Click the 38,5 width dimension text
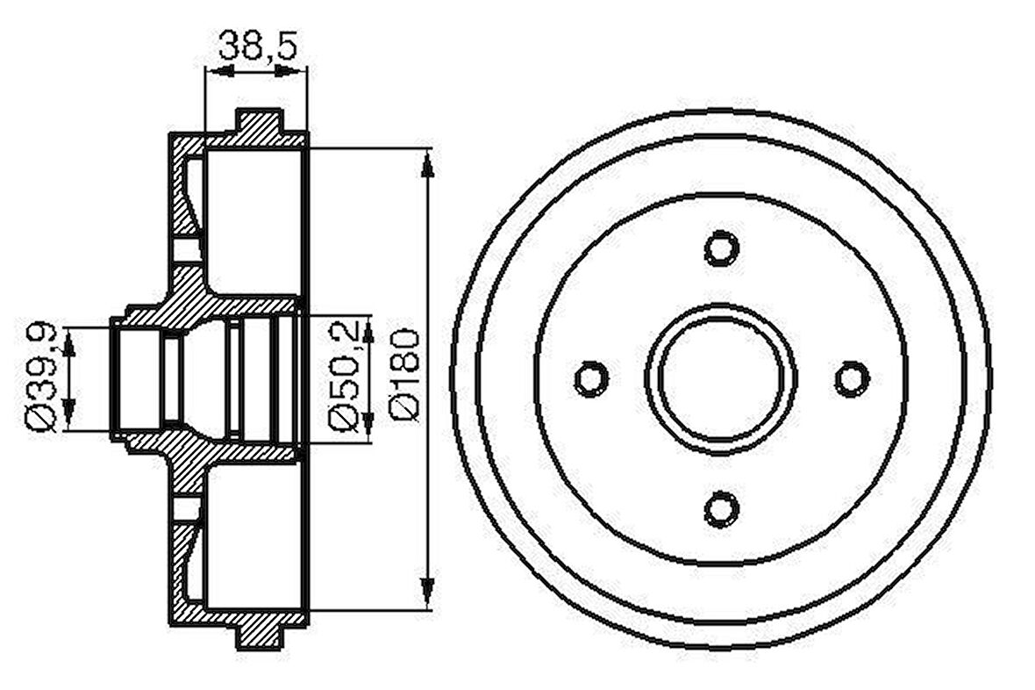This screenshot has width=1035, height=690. point(257,44)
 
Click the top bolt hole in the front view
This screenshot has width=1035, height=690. point(722,248)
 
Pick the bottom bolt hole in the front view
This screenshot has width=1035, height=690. point(722,509)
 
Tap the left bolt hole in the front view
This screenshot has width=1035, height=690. point(591,378)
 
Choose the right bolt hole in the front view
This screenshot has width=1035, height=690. point(852,378)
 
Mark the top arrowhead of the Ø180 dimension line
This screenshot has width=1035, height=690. point(428,164)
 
